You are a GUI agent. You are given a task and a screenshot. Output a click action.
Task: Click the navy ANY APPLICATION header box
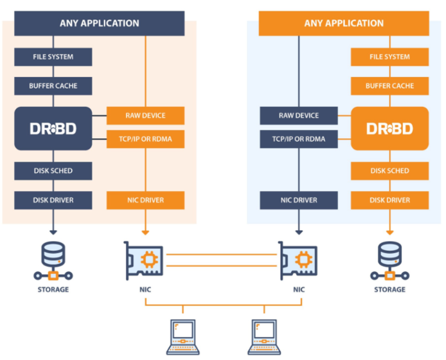99,23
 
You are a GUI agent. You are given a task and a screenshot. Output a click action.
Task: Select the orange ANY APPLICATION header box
344,23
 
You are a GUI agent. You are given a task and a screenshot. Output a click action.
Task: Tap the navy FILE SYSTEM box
53,57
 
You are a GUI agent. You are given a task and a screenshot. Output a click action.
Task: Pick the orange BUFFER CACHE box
389,85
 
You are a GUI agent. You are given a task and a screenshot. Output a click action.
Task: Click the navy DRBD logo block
53,128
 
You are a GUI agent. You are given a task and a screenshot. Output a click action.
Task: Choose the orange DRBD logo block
389,128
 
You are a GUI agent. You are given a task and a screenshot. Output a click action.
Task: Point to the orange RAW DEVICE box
145,116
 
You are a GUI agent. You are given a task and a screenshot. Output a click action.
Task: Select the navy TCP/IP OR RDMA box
298,139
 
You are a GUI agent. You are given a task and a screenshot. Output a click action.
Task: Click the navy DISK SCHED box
53,171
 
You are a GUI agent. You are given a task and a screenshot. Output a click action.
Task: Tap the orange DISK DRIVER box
389,200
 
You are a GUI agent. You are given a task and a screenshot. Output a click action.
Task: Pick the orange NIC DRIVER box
145,200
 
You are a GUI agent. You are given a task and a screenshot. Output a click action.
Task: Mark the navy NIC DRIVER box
298,200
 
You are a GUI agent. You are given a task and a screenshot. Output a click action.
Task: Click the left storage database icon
53,260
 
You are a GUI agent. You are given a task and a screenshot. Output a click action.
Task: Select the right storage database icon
389,260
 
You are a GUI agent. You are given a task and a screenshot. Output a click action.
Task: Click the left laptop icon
183,336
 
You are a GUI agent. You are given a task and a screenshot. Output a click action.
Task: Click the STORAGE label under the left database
53,290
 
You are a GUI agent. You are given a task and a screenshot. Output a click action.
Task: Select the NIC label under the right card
298,290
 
